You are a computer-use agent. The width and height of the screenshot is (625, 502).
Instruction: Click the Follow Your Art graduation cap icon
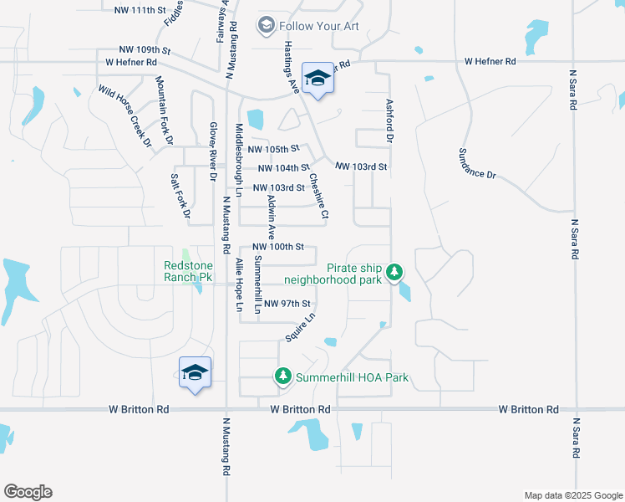(266, 26)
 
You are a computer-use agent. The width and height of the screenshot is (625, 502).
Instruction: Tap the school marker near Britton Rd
(195, 373)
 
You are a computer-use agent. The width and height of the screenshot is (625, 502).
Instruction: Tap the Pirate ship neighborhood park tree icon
(394, 273)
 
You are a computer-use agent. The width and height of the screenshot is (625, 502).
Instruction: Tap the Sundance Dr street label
(477, 163)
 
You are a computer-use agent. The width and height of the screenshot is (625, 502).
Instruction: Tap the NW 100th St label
(278, 247)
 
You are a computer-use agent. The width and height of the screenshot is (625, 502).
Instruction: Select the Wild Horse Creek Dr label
(124, 115)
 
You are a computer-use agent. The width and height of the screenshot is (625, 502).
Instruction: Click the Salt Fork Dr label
(180, 197)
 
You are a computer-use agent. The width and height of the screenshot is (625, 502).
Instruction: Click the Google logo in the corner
(28, 491)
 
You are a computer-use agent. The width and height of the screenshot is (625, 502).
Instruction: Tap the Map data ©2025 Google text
(572, 495)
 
